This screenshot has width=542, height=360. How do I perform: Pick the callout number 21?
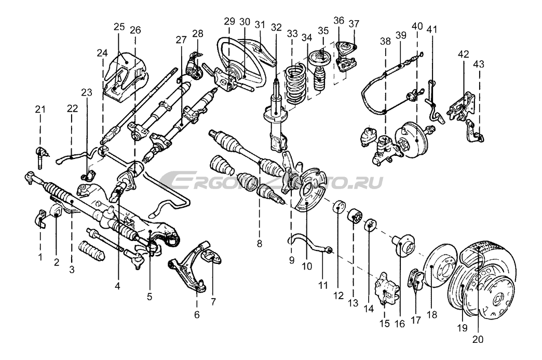click(x=40, y=109)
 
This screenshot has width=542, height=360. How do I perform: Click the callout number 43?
click(x=479, y=63)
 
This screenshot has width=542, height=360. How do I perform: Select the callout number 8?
click(x=259, y=243)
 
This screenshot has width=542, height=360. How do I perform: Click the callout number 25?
click(x=119, y=26)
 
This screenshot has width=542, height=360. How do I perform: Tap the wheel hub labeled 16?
click(x=403, y=244)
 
